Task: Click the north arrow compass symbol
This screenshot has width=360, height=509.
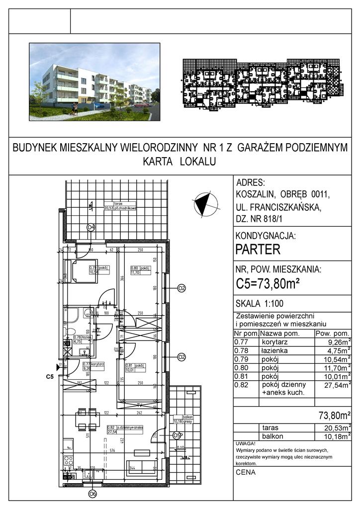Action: click(205, 203)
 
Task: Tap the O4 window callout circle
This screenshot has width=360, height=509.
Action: click(91, 228)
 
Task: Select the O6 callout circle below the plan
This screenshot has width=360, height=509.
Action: click(91, 494)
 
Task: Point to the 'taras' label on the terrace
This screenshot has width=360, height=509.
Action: click(118, 204)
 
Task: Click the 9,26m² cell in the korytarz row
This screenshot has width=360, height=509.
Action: click(337, 342)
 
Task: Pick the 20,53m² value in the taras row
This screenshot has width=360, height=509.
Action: click(336, 427)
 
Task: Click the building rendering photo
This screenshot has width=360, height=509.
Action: click(94, 82)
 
